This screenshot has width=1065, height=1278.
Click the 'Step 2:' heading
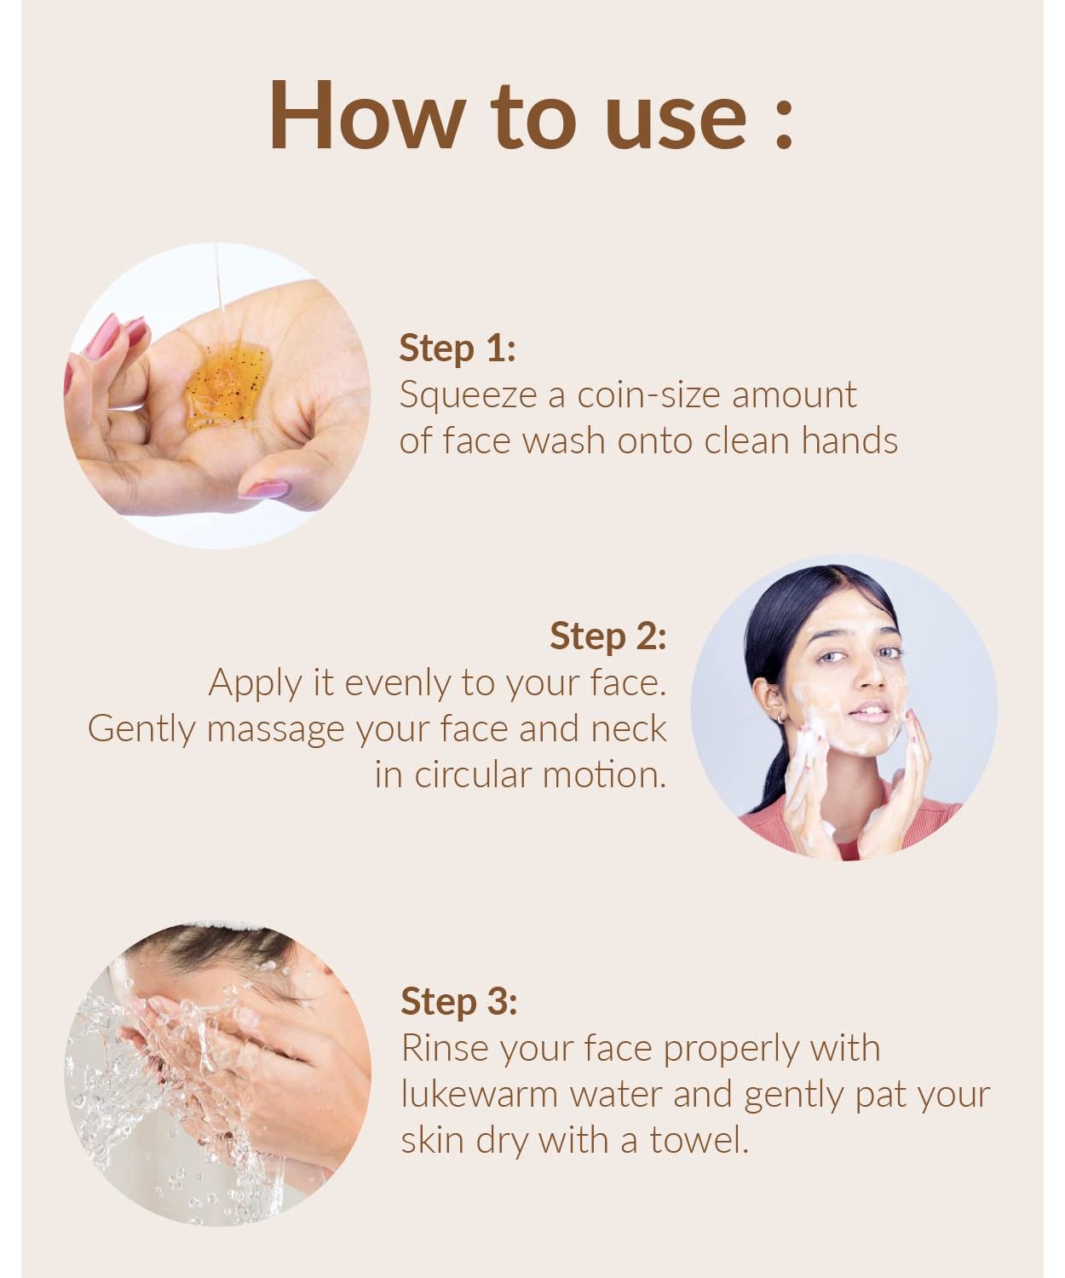click(607, 636)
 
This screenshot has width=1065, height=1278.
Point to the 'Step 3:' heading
click(459, 1002)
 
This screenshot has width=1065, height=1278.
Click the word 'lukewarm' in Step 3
click(479, 1094)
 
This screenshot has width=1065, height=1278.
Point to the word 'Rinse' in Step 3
click(446, 1049)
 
